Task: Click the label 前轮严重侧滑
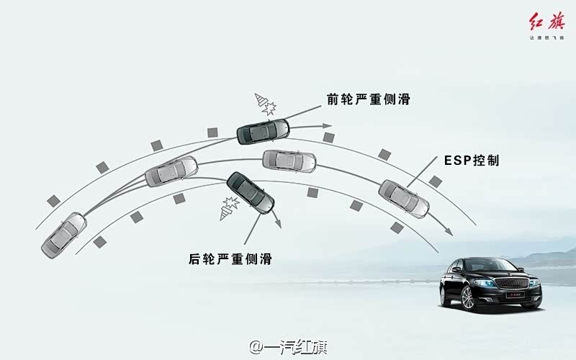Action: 368,99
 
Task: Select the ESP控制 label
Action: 472,161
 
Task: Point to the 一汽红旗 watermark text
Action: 288,347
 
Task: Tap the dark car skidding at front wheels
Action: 263,132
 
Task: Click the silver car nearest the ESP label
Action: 404,198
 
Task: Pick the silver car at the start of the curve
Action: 64,235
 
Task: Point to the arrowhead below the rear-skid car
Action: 276,225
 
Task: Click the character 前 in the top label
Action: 332,99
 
